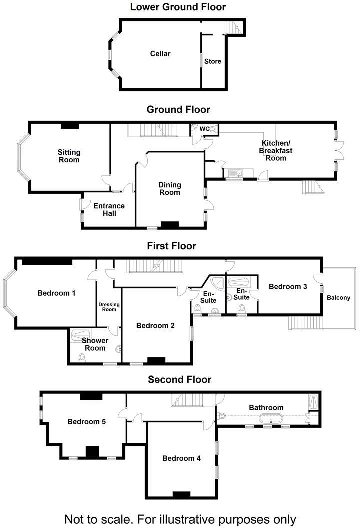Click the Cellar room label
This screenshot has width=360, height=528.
coord(160,54)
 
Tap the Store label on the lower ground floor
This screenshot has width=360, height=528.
coord(212,61)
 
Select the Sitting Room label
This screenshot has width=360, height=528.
coord(69,156)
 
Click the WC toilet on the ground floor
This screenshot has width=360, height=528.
coord(213,129)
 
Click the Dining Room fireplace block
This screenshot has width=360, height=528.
coord(170,225)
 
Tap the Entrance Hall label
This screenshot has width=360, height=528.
coord(109,209)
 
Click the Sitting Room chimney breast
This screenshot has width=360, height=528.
coord(70,125)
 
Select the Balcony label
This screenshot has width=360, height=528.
coord(338,298)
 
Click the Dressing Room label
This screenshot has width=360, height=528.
coord(107,307)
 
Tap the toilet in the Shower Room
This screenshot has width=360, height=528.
coord(81,357)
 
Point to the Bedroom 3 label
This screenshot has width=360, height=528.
coord(288,286)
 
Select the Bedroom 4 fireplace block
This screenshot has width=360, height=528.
coord(181,495)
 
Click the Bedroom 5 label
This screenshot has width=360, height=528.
coord(86,421)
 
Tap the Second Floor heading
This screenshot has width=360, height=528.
coord(179,380)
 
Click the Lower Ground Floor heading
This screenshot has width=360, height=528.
coord(178,7)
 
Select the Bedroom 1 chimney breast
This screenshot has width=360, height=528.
coord(47,261)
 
